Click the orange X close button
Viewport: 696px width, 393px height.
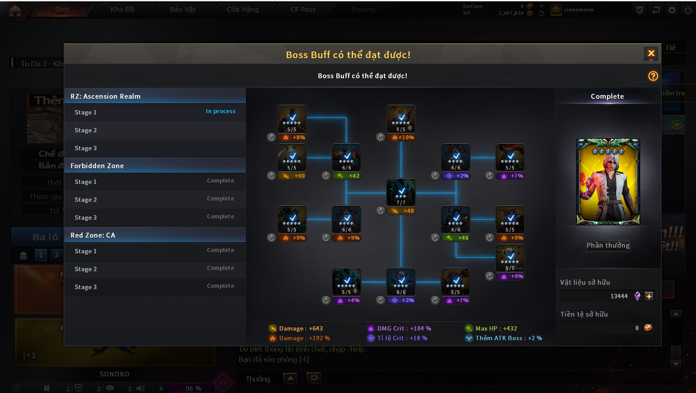pos(651,54)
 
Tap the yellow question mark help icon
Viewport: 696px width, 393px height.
pos(653,76)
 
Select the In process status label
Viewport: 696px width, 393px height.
pos(220,111)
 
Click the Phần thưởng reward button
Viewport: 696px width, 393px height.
pos(608,245)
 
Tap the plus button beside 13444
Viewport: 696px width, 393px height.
pos(649,296)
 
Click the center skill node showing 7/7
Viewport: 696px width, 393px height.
pos(401,192)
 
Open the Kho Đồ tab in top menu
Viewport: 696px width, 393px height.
pos(122,10)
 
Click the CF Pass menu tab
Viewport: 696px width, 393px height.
pos(303,10)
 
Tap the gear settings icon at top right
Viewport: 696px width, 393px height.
pos(672,10)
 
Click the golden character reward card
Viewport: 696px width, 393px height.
pos(608,182)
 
